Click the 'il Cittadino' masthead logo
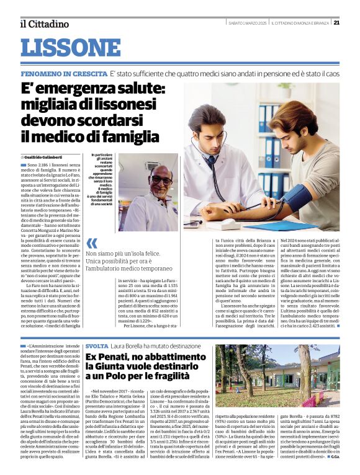[x=44, y=24]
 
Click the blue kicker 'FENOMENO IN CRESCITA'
[x=63, y=74]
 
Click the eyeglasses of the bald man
[x=144, y=180]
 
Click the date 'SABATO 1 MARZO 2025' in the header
[x=248, y=24]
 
